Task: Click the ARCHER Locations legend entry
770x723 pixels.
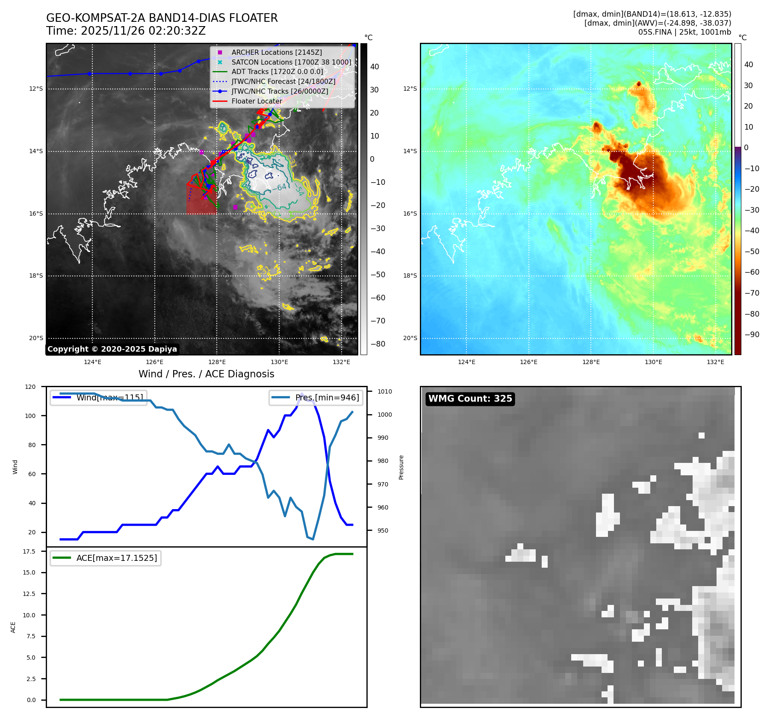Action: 277,52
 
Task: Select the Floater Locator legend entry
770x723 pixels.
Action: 257,101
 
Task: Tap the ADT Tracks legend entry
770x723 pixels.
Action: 277,72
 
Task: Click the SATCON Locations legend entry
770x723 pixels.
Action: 291,62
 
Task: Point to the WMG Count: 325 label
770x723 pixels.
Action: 470,399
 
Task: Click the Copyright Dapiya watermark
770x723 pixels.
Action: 112,349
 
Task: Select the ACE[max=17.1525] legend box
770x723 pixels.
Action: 106,558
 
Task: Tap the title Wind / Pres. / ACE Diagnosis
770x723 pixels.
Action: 206,374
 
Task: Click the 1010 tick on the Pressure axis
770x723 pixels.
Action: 384,391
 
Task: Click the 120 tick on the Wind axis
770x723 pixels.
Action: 30,387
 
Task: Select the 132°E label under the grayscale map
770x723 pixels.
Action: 341,362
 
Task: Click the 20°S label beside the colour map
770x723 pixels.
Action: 410,338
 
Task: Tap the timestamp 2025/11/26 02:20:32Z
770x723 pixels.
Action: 143,31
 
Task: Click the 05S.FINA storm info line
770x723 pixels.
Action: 684,32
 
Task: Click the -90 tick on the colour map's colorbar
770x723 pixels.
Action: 752,335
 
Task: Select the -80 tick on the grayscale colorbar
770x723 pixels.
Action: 378,344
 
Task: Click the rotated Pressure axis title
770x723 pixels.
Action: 401,467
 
